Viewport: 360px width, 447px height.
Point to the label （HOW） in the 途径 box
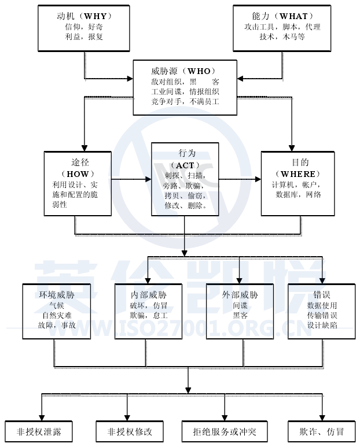pos(78,173)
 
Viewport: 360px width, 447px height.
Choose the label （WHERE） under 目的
pos(297,173)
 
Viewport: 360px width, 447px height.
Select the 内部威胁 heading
pos(148,294)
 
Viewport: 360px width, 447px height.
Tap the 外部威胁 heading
pos(240,294)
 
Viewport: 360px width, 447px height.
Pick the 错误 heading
pos(322,294)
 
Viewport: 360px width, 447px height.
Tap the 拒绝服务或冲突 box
pos(224,432)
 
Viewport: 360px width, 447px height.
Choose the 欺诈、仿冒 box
pos(322,432)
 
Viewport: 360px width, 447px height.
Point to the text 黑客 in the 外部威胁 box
pos(240,315)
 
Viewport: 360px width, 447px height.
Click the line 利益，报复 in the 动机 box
pos(84,36)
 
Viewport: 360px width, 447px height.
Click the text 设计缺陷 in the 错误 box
pos(322,326)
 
